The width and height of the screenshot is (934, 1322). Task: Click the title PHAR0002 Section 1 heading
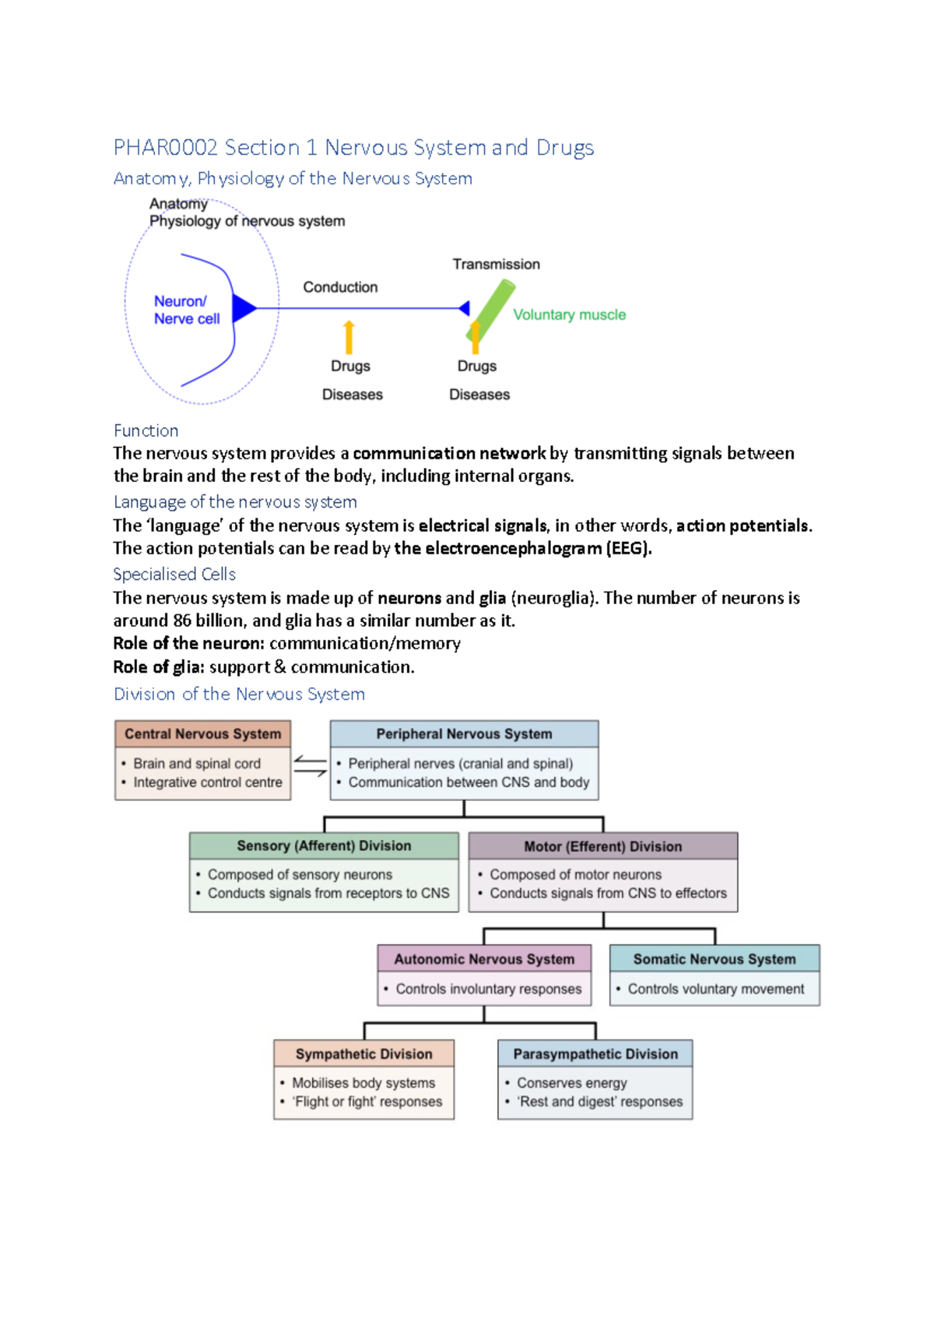coord(353,148)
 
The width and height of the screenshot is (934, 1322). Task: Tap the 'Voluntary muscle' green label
coord(569,315)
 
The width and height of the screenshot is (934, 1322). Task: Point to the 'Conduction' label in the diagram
coord(340,287)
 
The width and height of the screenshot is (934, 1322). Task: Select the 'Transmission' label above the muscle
coord(496,265)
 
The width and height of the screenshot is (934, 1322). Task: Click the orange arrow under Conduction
coord(349,337)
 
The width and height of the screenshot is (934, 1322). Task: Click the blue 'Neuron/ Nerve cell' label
coord(186,310)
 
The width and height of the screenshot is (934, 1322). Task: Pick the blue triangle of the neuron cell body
coord(243,308)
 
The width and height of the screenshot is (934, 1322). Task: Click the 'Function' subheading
coord(146,431)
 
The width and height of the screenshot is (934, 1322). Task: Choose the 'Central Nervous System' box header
coord(202,734)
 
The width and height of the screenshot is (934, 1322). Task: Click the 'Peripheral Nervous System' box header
coord(464,734)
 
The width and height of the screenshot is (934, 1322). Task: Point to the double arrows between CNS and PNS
coord(310,766)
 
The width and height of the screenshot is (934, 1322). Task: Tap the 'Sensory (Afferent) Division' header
coord(324,846)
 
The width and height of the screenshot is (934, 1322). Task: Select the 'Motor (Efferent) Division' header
coord(602,846)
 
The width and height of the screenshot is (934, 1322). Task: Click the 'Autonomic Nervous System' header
coord(484,959)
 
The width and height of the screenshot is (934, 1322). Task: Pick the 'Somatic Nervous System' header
coord(715,959)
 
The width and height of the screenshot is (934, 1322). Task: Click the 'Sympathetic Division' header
coord(363,1054)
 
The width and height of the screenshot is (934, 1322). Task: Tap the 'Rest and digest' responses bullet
coord(600,1102)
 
